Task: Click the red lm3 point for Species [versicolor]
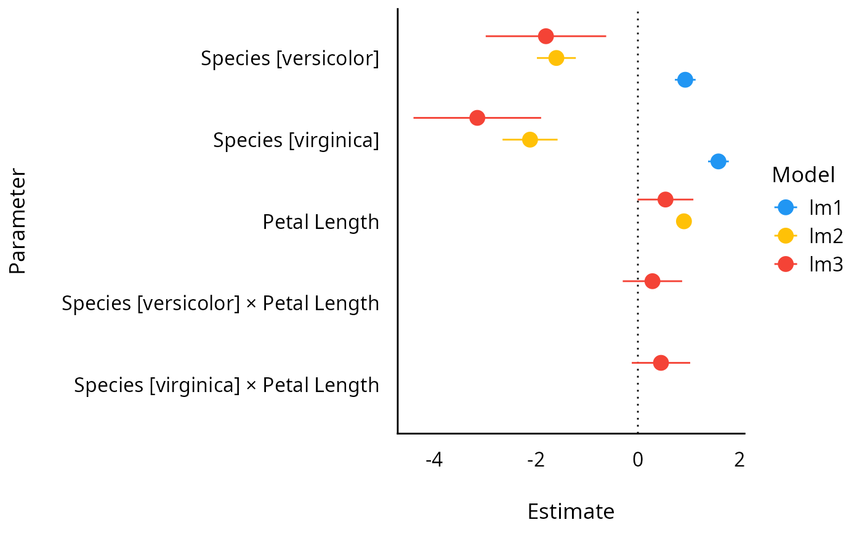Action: (546, 36)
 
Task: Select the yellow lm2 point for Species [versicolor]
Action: (556, 58)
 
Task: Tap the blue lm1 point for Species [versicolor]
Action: (685, 79)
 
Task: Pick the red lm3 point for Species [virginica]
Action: (477, 118)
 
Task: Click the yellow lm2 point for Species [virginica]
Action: (530, 139)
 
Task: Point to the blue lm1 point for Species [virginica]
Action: (718, 161)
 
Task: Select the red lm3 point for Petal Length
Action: (665, 199)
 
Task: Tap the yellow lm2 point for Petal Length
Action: (683, 221)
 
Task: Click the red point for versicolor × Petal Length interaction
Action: (652, 281)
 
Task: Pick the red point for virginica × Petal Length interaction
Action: (661, 363)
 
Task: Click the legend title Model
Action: (803, 175)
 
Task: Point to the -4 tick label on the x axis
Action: (434, 459)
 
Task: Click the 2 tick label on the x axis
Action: (739, 459)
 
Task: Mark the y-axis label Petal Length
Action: (321, 222)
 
